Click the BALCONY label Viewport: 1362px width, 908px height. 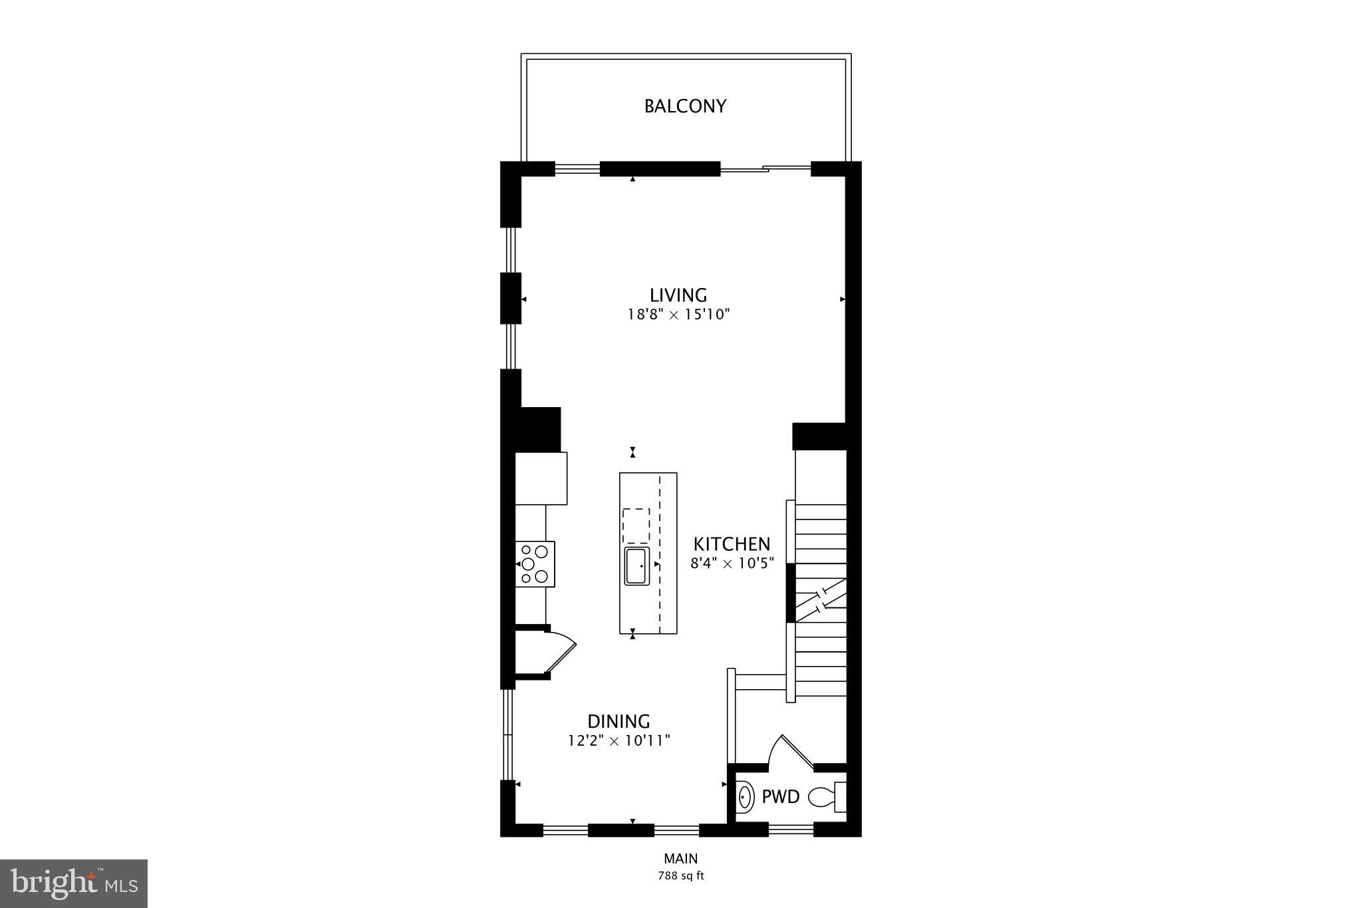[685, 106]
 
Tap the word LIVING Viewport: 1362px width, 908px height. [678, 295]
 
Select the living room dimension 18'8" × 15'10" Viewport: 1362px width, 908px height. [678, 315]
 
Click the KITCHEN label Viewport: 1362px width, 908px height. [732, 544]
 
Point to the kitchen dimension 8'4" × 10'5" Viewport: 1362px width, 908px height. [732, 564]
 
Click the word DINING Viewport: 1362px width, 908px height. [618, 721]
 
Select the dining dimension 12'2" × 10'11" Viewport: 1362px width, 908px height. [618, 740]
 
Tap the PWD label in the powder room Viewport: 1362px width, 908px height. [780, 797]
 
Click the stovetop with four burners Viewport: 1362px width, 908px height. [535, 564]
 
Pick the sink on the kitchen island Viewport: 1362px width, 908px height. [636, 566]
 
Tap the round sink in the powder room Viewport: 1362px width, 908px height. [746, 796]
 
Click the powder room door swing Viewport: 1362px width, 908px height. [791, 752]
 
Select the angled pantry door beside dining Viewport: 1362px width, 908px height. [562, 653]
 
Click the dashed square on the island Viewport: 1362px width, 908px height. [636, 526]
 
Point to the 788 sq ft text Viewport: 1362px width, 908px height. [680, 876]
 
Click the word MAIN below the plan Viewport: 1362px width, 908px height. [680, 859]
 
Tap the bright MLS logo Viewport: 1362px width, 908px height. [74, 883]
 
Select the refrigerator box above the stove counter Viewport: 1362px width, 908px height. [541, 478]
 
